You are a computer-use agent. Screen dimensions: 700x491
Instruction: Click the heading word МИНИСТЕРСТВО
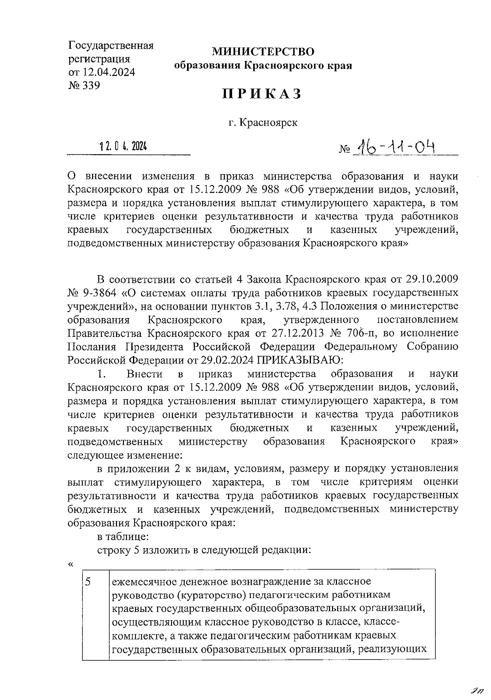point(263,52)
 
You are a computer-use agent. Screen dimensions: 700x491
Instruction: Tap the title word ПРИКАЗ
point(263,94)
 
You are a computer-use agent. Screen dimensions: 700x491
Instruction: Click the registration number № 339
point(84,86)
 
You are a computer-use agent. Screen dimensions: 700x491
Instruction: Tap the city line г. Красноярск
point(263,122)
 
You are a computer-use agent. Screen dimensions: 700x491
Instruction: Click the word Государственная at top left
point(110,45)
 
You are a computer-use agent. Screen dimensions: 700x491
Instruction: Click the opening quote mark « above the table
point(70,565)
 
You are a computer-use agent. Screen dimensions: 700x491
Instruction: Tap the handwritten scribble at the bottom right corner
point(476,691)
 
